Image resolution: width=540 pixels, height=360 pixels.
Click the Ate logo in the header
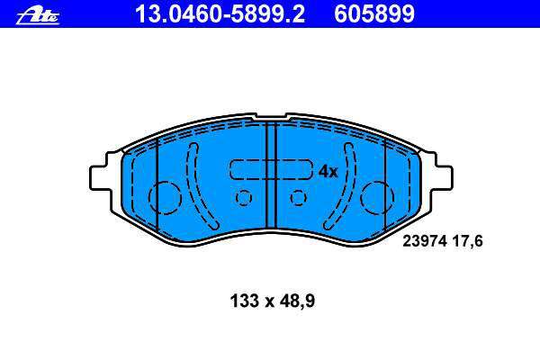click(x=37, y=16)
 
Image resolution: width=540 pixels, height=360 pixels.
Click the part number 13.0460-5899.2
click(x=220, y=13)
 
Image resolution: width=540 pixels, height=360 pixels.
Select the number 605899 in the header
click(x=374, y=13)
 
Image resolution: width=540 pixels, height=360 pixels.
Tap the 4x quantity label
click(x=328, y=171)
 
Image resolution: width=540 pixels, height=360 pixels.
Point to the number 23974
click(x=425, y=241)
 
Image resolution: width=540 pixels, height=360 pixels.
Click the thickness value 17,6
click(x=467, y=241)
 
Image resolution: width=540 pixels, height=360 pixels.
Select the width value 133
click(x=244, y=301)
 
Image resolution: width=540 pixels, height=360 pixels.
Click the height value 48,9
click(x=297, y=301)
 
